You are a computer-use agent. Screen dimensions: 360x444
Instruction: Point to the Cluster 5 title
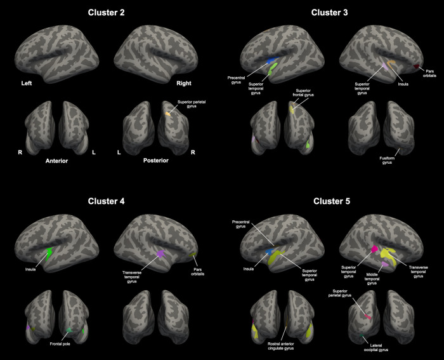[333, 201]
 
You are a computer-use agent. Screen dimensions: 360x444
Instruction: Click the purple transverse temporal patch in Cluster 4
[160, 253]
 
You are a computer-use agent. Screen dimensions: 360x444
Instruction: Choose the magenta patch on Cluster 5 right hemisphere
[374, 248]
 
